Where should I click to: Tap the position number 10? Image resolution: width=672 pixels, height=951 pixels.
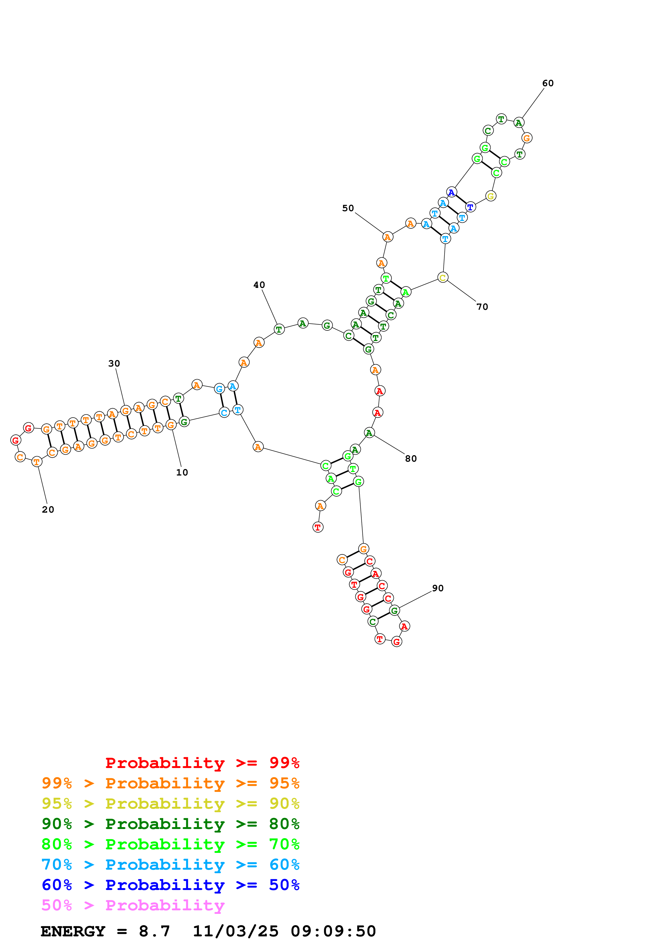click(182, 473)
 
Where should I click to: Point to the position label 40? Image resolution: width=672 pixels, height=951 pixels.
click(259, 285)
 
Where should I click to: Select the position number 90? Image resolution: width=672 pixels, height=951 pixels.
click(438, 588)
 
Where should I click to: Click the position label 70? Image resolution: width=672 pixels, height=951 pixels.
click(482, 307)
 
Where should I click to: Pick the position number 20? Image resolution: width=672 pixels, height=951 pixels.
click(48, 509)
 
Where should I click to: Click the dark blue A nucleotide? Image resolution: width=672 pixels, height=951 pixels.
click(451, 192)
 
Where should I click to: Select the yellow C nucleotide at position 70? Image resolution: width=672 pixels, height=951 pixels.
click(443, 278)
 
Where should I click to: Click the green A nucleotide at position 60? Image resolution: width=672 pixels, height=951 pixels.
click(519, 123)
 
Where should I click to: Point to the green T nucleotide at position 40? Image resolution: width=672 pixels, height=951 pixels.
click(279, 330)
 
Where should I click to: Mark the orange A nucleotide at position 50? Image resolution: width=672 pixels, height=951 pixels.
click(387, 237)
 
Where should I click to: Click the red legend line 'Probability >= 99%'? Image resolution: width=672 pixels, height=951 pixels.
click(202, 763)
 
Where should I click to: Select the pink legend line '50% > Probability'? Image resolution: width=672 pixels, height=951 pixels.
click(133, 905)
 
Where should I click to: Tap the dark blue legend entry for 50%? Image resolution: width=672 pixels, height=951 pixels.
click(170, 885)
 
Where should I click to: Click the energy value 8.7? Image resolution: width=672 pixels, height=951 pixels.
click(154, 931)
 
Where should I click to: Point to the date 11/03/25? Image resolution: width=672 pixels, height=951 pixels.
click(235, 931)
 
